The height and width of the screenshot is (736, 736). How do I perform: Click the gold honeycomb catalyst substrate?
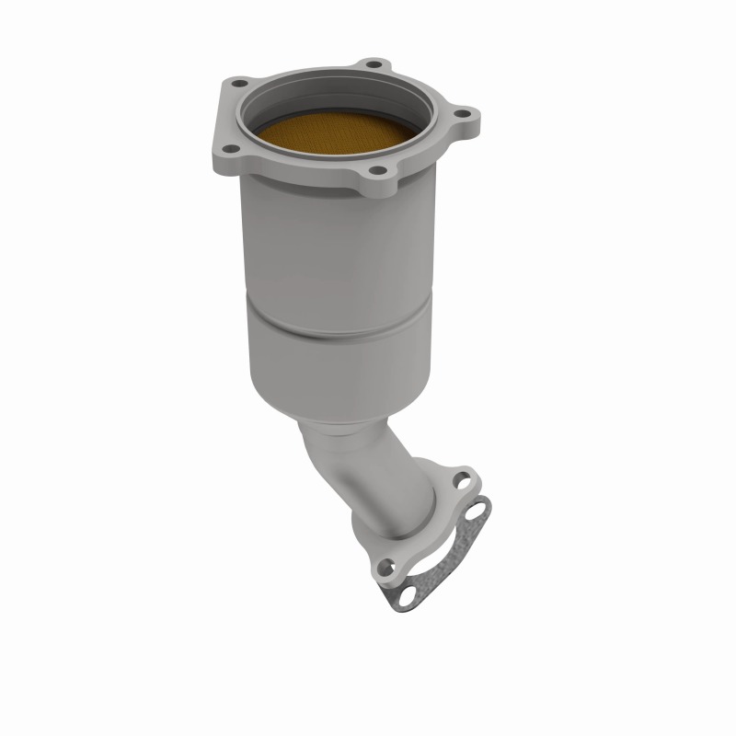(x=341, y=137)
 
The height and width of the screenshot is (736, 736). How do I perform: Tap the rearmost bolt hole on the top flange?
(x=372, y=65)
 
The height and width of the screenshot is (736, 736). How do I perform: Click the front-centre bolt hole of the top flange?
(x=378, y=172)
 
